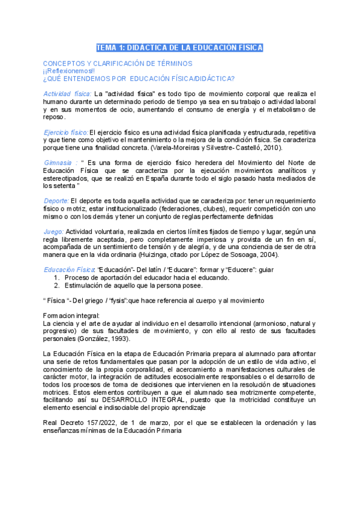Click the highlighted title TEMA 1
click(x=180, y=48)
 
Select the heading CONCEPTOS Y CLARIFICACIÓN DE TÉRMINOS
click(x=118, y=63)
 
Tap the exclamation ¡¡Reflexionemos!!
click(x=70, y=71)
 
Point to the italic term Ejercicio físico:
click(x=65, y=132)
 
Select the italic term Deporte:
click(x=56, y=200)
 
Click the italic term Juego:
click(x=53, y=232)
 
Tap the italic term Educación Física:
click(x=69, y=270)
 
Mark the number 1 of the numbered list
click(x=56, y=277)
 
